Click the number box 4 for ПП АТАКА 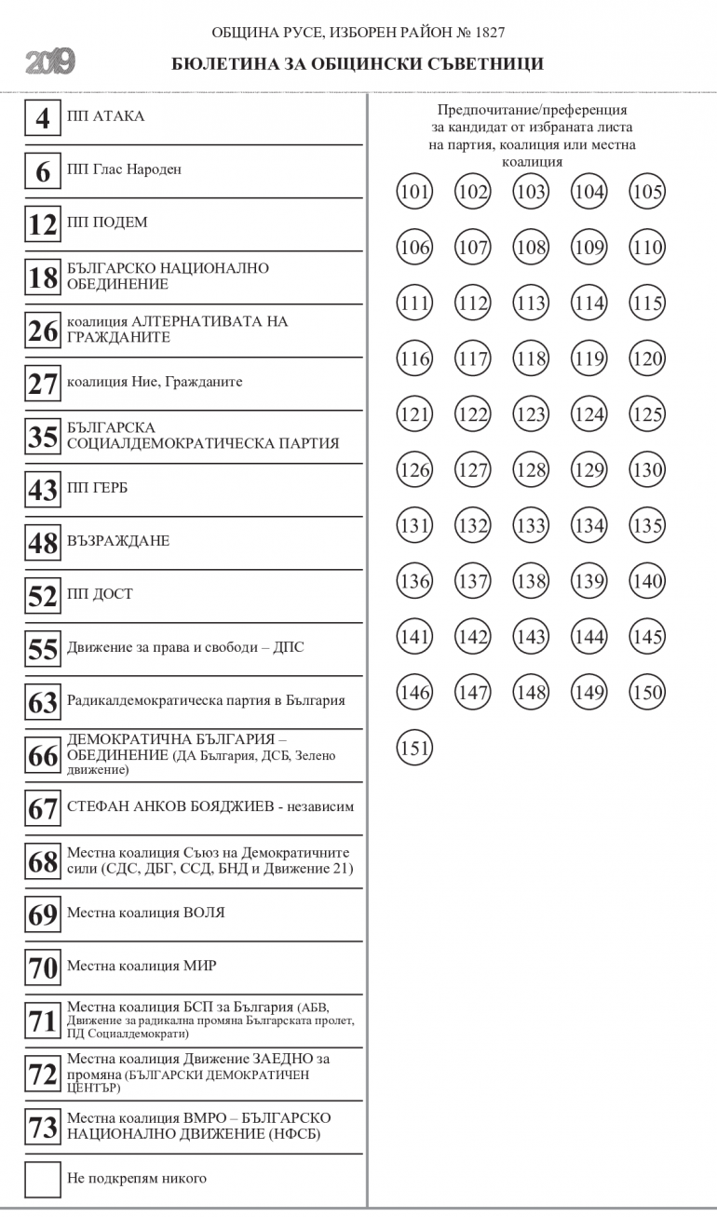pyautogui.click(x=43, y=118)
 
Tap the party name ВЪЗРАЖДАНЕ pyautogui.click(x=118, y=541)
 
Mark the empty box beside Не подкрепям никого pyautogui.click(x=43, y=1179)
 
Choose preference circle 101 pyautogui.click(x=414, y=192)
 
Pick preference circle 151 pyautogui.click(x=414, y=748)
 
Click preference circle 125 pyautogui.click(x=647, y=414)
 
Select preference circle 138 pyautogui.click(x=531, y=581)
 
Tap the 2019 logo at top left pyautogui.click(x=50, y=63)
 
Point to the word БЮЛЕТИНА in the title pyautogui.click(x=220, y=64)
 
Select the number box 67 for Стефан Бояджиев pyautogui.click(x=43, y=808)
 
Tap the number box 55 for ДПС pyautogui.click(x=43, y=649)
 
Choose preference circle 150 pyautogui.click(x=647, y=692)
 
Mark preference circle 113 pyautogui.click(x=531, y=304)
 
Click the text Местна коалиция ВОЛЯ pyautogui.click(x=145, y=913)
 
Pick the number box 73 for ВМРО pyautogui.click(x=43, y=1127)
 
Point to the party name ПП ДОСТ pyautogui.click(x=100, y=594)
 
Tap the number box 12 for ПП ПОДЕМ pyautogui.click(x=43, y=224)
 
